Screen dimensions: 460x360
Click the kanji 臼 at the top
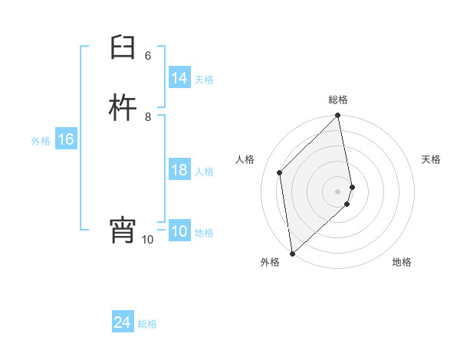click(x=123, y=50)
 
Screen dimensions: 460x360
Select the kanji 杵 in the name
click(x=123, y=109)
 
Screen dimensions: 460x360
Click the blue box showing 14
click(x=179, y=78)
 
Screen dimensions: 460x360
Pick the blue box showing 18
click(x=179, y=170)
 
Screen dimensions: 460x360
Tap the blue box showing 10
click(x=179, y=232)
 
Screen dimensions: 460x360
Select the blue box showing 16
click(x=65, y=139)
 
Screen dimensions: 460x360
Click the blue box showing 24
click(x=123, y=322)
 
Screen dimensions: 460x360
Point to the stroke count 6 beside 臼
click(x=148, y=56)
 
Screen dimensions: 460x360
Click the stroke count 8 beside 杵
click(x=148, y=117)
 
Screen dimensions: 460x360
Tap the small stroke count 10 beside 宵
click(x=147, y=240)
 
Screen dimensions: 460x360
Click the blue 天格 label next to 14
click(x=204, y=79)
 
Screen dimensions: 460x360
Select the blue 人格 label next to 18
click(x=204, y=171)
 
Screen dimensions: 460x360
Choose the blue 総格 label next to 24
click(x=147, y=324)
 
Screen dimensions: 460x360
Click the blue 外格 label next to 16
click(x=41, y=141)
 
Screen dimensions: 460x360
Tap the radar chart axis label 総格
click(x=338, y=100)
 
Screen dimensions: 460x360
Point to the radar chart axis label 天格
click(x=431, y=159)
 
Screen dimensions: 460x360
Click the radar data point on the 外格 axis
click(x=292, y=253)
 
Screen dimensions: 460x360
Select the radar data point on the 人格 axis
click(x=280, y=172)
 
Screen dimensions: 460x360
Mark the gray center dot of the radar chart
click(x=338, y=191)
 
